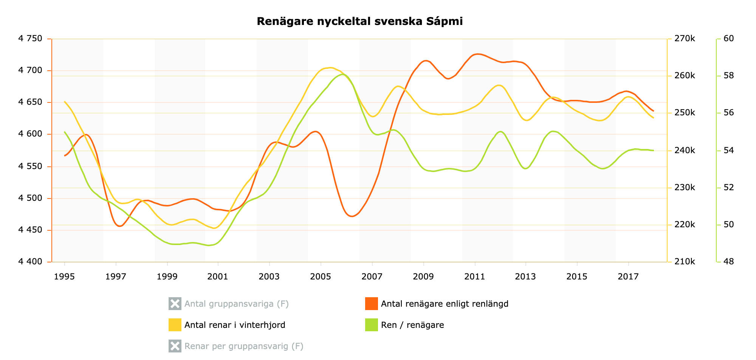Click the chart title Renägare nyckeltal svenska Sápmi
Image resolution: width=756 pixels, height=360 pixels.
point(359,22)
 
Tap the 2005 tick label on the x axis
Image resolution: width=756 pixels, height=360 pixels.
point(321,277)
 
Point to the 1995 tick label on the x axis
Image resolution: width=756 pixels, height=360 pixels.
point(64,277)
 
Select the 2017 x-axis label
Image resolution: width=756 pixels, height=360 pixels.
point(628,277)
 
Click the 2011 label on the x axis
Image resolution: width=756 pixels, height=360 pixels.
point(474,277)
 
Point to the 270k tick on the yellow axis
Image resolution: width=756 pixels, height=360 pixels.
point(685,39)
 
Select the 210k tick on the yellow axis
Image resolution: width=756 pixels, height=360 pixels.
point(685,262)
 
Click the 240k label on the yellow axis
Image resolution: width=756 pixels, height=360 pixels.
point(685,151)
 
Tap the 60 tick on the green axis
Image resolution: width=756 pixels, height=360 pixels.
point(728,39)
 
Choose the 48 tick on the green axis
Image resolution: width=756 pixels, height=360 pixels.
point(728,262)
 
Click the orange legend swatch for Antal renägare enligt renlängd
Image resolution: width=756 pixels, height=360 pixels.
point(371,304)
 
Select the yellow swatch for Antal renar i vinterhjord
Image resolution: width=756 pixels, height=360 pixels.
point(175,325)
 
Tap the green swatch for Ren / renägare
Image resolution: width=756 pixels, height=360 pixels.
point(371,325)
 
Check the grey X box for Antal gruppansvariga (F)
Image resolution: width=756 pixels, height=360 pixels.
point(175,304)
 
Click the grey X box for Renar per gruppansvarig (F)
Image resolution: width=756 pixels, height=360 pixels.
point(175,346)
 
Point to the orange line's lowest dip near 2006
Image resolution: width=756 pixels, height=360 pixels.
point(352,216)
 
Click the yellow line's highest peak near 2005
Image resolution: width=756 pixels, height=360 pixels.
point(330,68)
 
